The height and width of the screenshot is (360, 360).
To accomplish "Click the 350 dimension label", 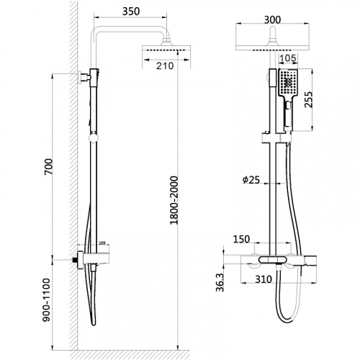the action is pos(131,12).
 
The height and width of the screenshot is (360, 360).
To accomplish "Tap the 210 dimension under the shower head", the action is pos(165,66).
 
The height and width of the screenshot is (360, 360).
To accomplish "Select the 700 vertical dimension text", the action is pos(48,166).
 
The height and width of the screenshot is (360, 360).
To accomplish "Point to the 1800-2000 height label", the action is pos(174,200).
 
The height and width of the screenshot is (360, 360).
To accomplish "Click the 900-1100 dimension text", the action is pos(46,300).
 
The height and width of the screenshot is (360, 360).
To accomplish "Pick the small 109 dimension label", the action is pos(102,243).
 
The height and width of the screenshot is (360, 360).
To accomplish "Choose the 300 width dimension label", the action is pos(272,20).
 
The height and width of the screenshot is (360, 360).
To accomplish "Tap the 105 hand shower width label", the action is pos(288,58).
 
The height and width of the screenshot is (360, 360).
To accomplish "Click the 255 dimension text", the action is pos(308,99).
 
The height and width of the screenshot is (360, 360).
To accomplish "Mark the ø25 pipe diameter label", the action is pos(251,180).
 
